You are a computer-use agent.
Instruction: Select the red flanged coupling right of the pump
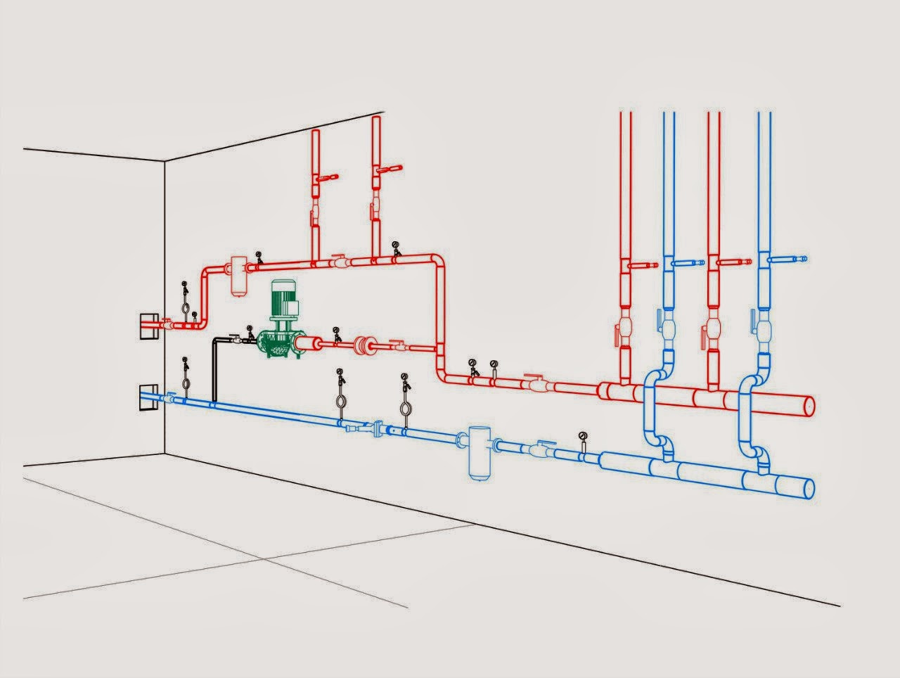pyautogui.click(x=364, y=345)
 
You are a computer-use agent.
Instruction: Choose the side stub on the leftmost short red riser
pyautogui.click(x=326, y=177)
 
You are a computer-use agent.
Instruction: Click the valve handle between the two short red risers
pyautogui.click(x=338, y=257)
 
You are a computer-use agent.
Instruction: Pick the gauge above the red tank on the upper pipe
pyautogui.click(x=259, y=256)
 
